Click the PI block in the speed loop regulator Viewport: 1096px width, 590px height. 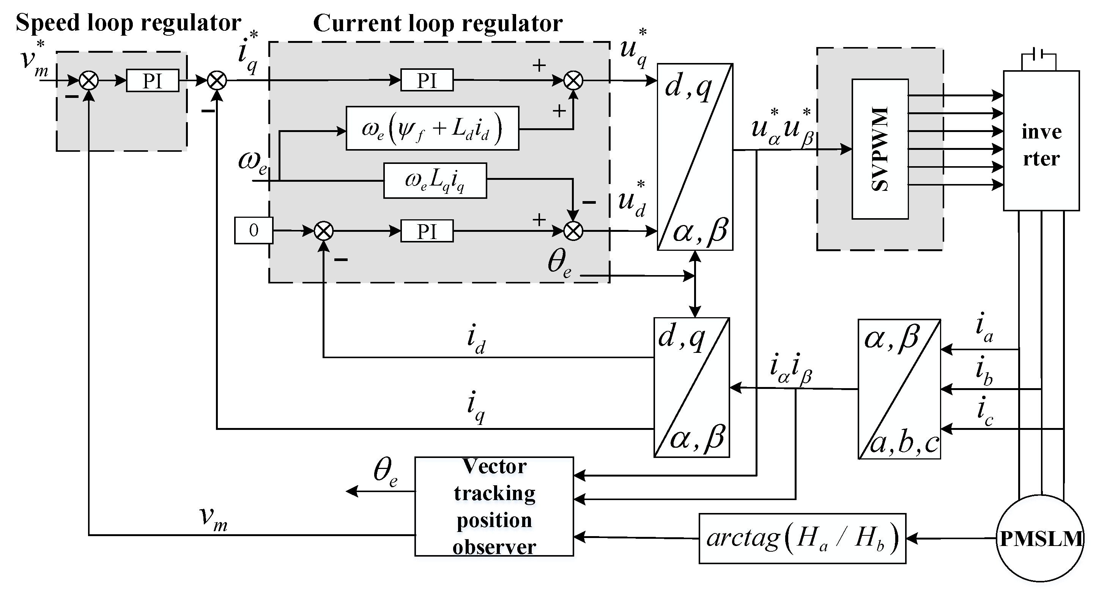coord(152,81)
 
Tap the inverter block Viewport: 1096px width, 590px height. coord(1041,141)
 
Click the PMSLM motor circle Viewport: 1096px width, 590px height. coord(1040,538)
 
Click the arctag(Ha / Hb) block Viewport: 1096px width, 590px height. coord(802,538)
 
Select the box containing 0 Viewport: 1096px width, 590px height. coord(254,231)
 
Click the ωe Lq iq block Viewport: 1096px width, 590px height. coord(435,181)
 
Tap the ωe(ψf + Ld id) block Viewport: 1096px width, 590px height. coord(432,128)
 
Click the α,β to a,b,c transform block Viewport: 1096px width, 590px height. coord(899,389)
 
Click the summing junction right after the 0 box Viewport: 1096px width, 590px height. coord(323,231)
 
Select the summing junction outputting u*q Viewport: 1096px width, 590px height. coord(573,80)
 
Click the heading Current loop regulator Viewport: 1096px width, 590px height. coord(438,24)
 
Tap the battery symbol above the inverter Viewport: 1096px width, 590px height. coord(1039,55)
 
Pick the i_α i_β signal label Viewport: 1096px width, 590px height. coord(791,369)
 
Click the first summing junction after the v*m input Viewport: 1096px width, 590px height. coord(89,80)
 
